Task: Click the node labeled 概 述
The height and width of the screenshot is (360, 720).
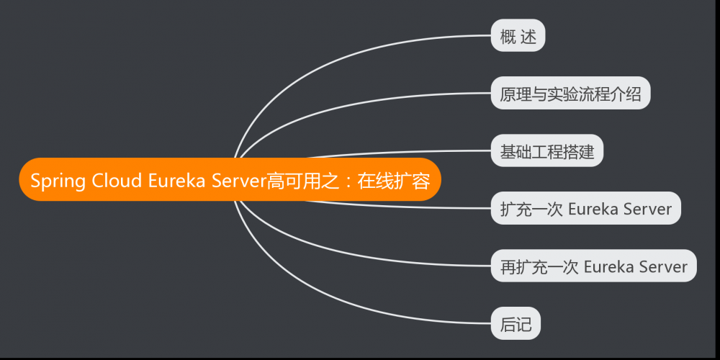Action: point(518,36)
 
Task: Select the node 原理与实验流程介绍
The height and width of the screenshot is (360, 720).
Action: point(570,93)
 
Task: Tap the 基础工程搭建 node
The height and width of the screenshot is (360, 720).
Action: point(547,151)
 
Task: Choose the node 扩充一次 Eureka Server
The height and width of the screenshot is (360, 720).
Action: point(585,209)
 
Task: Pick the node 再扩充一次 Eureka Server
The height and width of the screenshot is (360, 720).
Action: point(593,266)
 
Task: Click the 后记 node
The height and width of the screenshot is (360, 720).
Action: point(516,323)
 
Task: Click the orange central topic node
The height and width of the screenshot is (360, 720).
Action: point(230,180)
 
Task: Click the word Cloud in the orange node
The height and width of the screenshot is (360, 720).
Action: point(117,180)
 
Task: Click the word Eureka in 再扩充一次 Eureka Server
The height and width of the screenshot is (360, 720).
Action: point(606,266)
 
